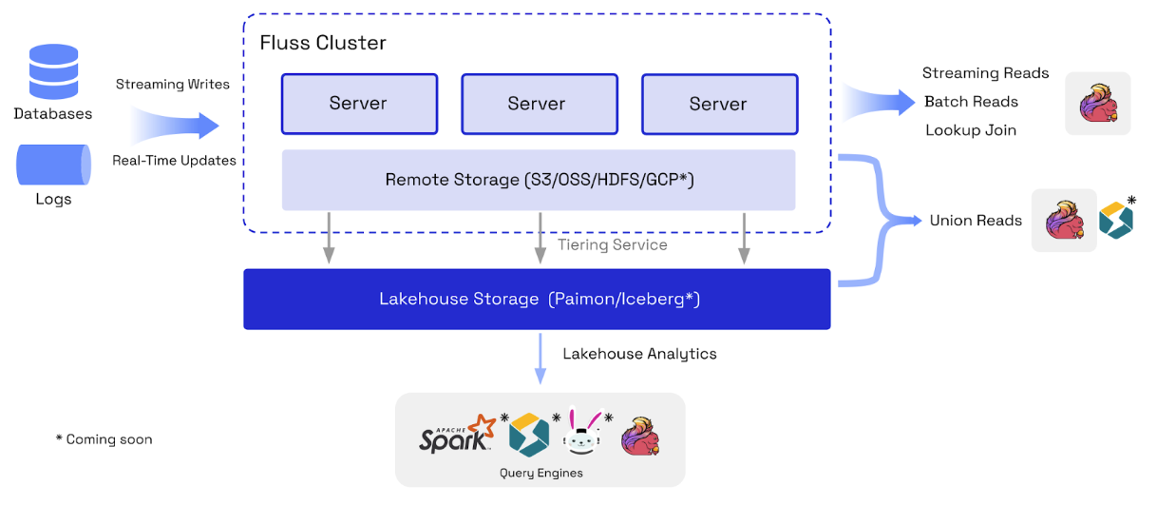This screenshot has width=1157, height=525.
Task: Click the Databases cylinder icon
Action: click(53, 72)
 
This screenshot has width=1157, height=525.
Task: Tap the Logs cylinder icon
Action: click(53, 165)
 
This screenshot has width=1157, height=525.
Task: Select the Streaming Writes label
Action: click(173, 85)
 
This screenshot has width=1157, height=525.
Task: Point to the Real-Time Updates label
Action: click(174, 161)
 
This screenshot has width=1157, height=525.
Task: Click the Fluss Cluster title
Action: click(323, 44)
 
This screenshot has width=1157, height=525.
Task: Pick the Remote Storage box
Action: click(539, 180)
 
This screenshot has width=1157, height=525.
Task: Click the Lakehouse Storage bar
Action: click(537, 300)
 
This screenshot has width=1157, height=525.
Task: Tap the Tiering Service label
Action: click(612, 245)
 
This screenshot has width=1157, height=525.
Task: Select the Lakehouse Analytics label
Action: click(639, 354)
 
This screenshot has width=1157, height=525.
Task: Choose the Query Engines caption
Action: click(541, 473)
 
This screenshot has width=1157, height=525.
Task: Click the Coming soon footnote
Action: click(104, 439)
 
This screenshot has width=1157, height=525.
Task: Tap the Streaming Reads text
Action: click(985, 73)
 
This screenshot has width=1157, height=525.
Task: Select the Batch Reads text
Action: click(971, 102)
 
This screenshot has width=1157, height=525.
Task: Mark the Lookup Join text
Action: click(971, 130)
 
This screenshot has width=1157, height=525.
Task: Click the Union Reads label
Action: click(976, 221)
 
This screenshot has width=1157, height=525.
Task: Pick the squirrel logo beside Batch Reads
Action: click(1098, 103)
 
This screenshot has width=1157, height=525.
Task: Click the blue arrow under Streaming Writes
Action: click(177, 125)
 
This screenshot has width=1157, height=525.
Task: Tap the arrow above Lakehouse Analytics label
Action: click(541, 358)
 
